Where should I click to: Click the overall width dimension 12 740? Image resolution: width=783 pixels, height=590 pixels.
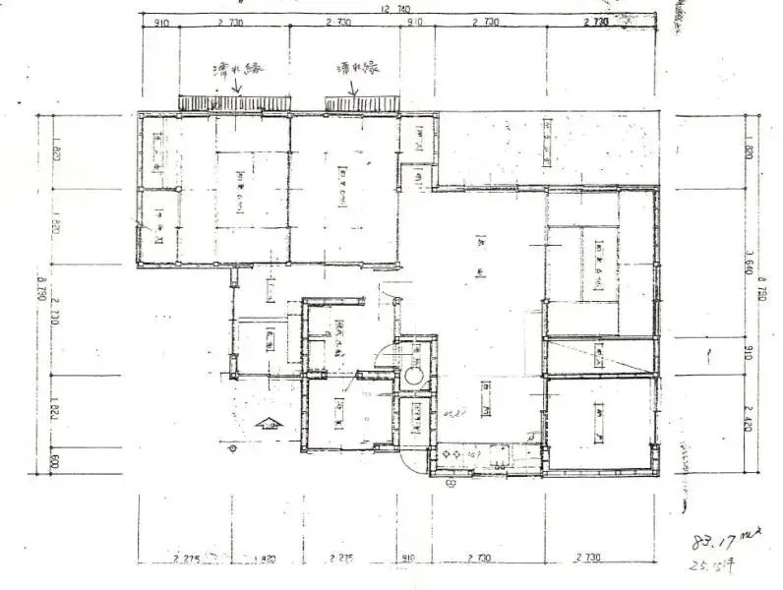pyautogui.click(x=391, y=7)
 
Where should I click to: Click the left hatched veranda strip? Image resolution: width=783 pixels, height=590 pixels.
pyautogui.click(x=225, y=102)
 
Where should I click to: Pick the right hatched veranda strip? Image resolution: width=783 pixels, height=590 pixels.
pyautogui.click(x=362, y=102)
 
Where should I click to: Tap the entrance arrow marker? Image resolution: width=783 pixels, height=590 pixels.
pyautogui.click(x=266, y=426)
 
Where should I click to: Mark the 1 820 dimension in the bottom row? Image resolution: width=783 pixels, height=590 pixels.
pyautogui.click(x=263, y=559)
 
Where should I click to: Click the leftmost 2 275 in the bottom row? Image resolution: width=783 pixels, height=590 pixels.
pyautogui.click(x=187, y=559)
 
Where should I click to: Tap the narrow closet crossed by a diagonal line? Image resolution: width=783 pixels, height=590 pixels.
pyautogui.click(x=600, y=356)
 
